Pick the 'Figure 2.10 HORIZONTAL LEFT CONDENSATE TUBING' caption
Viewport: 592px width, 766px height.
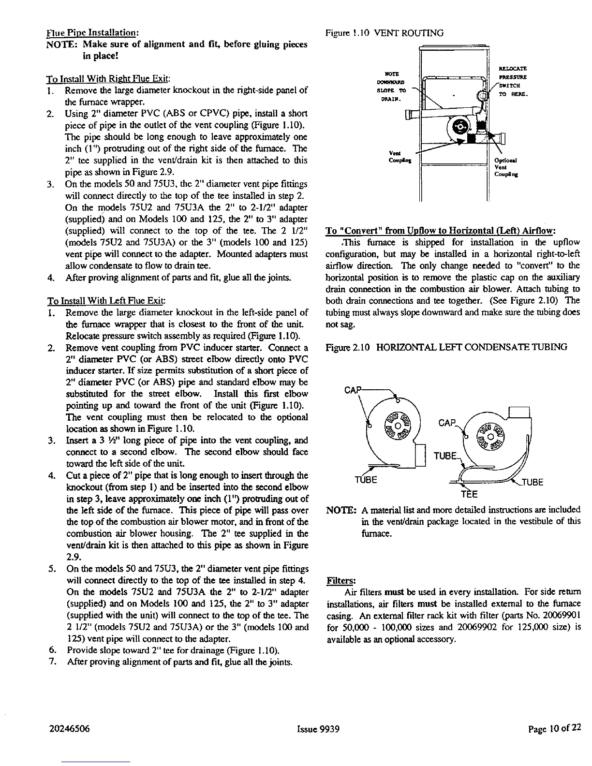(x=446, y=347)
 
